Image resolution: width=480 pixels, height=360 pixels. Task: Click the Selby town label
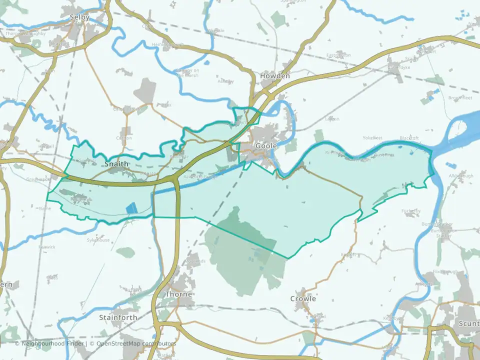[x=80, y=17]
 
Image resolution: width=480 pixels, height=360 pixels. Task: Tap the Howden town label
[x=275, y=76]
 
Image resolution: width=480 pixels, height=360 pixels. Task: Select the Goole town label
[x=266, y=146]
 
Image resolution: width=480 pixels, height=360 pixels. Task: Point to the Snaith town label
[x=116, y=164]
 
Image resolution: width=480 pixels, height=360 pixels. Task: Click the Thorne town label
[x=178, y=294]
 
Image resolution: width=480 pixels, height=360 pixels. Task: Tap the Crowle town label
[x=303, y=298]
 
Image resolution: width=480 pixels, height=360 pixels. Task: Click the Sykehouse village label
[x=98, y=240]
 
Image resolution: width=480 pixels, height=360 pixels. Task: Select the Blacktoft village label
[x=409, y=138]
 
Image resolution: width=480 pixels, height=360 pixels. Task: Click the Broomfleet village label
[x=460, y=98]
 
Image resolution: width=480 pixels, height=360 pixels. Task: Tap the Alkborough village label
[x=460, y=176]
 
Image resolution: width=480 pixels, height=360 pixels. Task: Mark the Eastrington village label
[x=338, y=55]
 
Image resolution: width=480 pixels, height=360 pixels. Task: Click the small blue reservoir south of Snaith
[x=131, y=208]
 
